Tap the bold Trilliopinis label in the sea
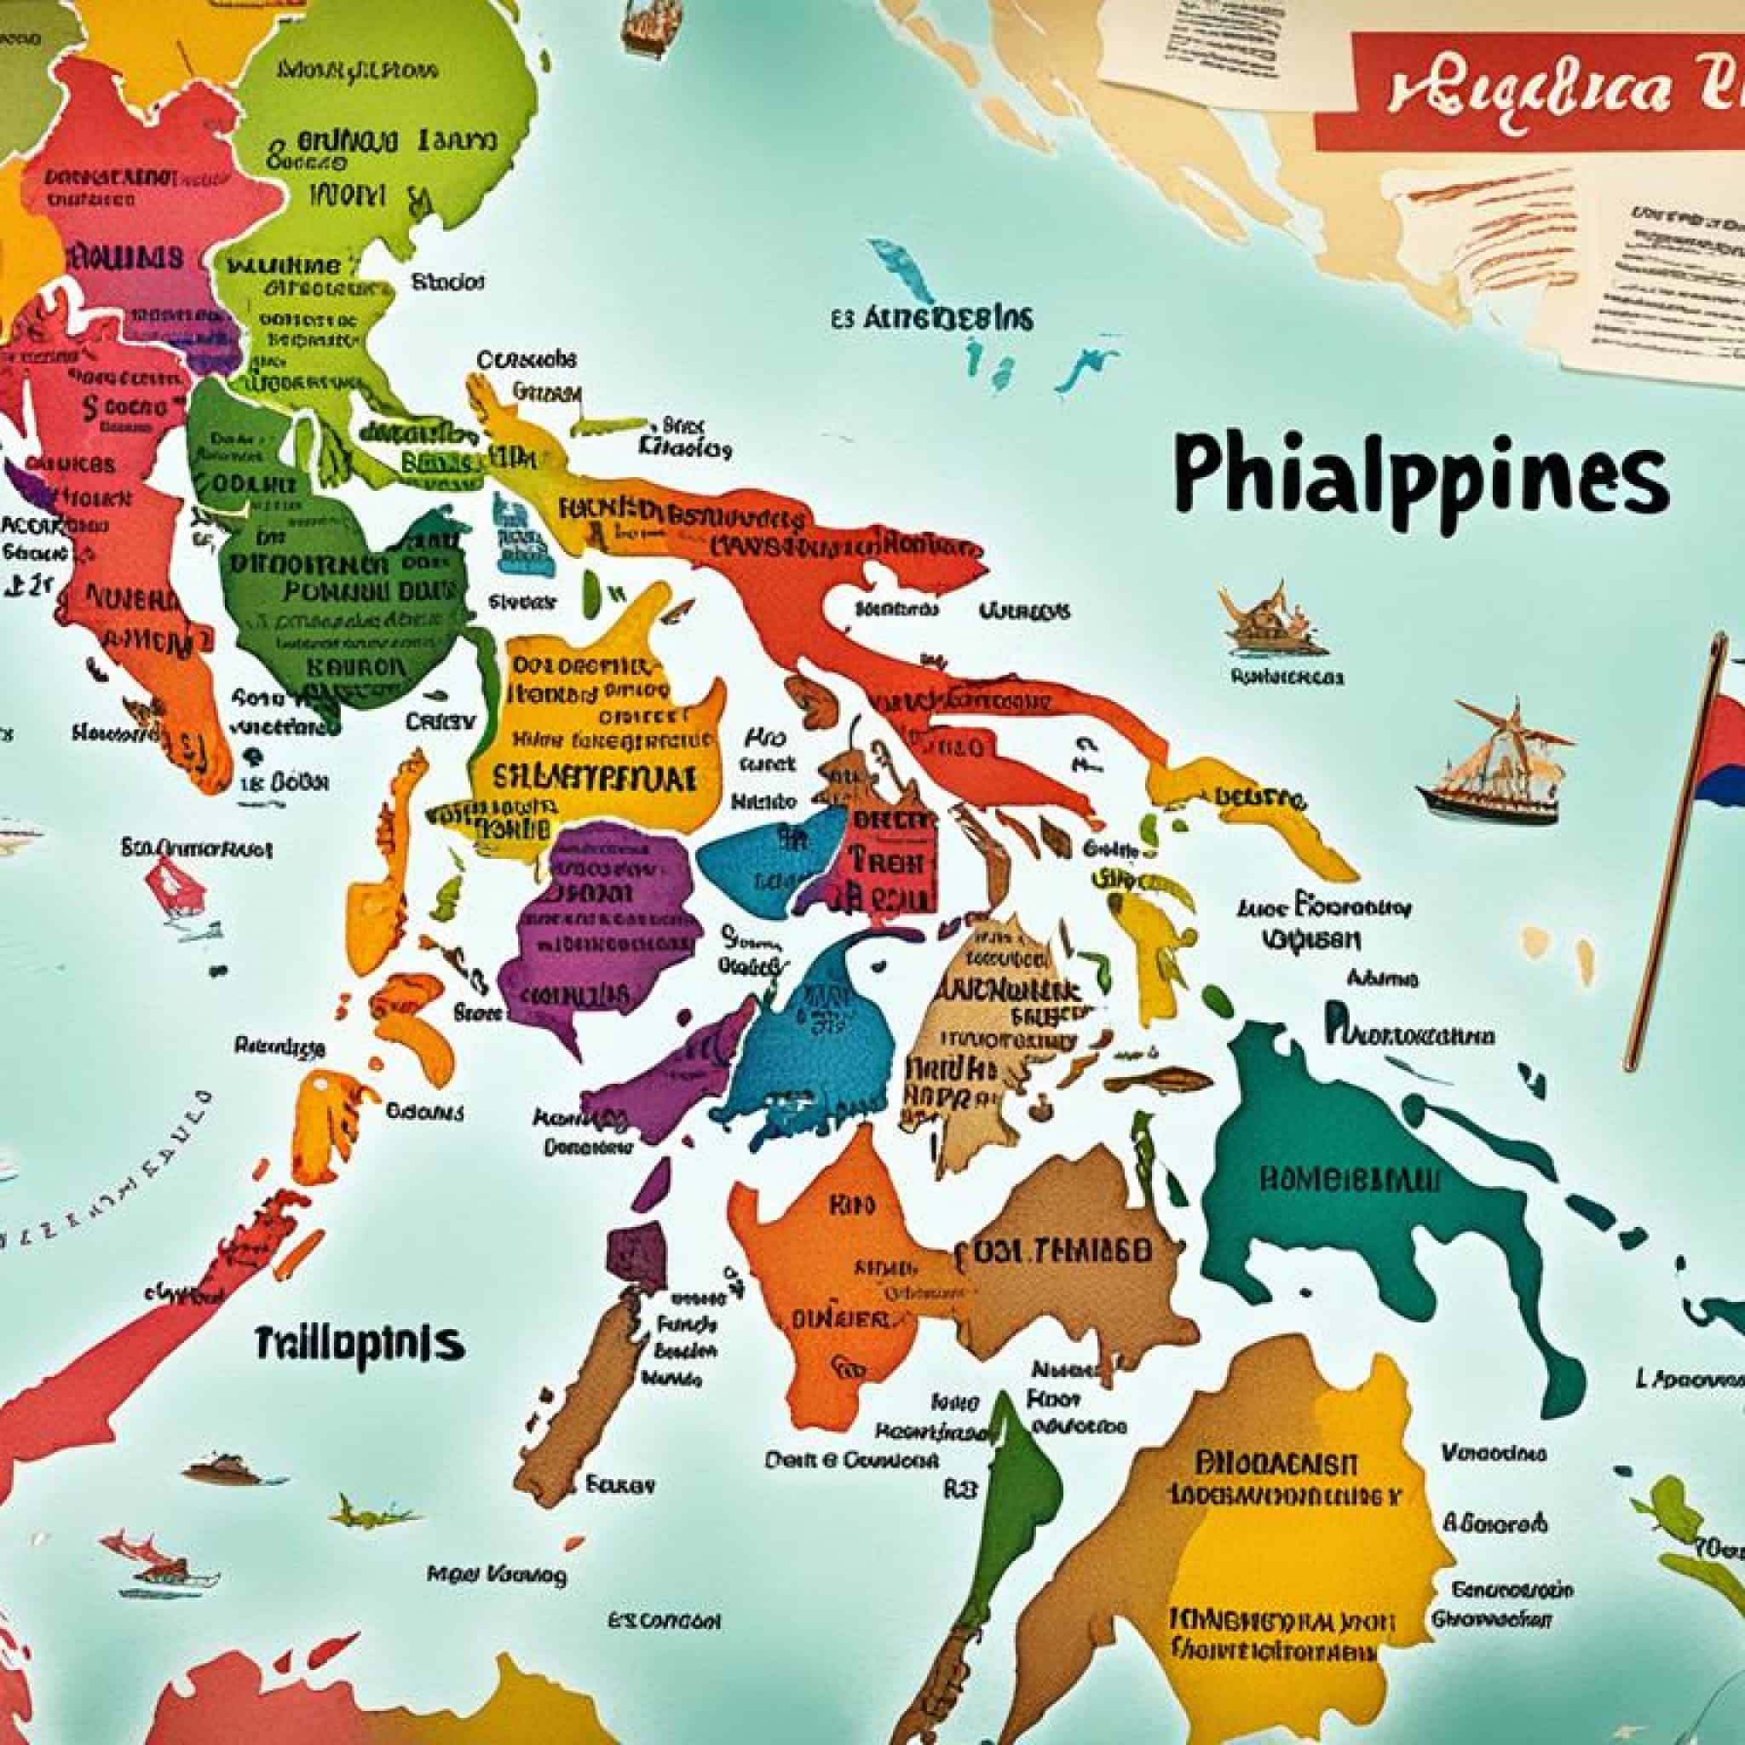359,1342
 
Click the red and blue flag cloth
1720,750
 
